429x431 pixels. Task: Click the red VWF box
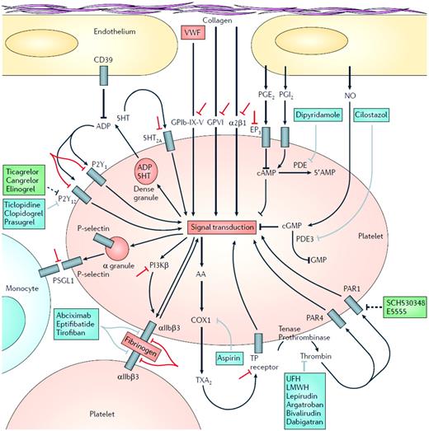point(192,35)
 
